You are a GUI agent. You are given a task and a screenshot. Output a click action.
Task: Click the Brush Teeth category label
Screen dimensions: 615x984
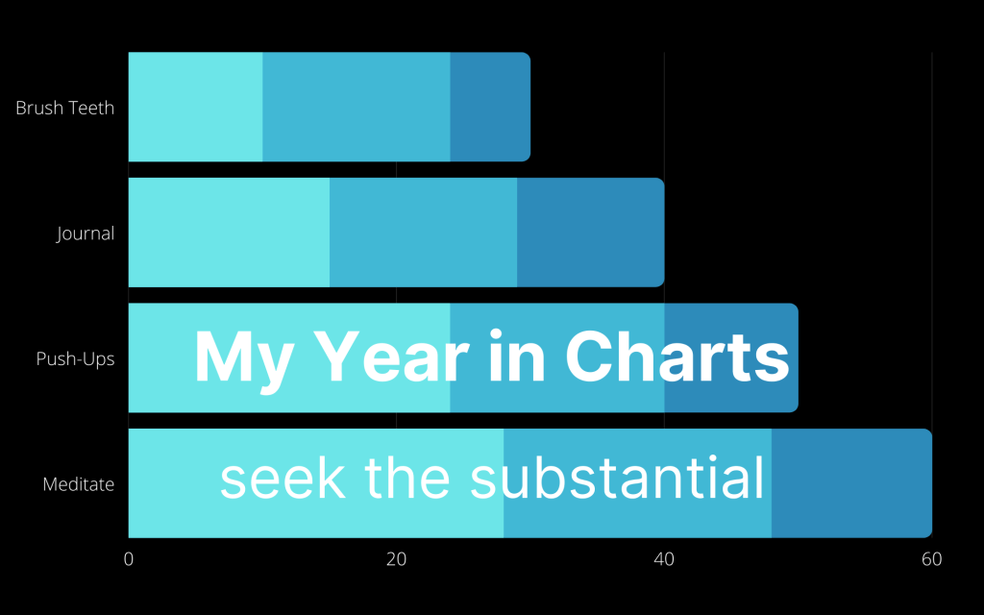pos(64,108)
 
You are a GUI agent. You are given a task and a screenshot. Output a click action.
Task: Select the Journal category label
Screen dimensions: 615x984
pos(86,234)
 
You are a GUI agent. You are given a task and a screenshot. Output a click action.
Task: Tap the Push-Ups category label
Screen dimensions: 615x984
pos(75,359)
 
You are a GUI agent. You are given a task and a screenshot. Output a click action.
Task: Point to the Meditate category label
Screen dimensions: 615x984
pos(78,484)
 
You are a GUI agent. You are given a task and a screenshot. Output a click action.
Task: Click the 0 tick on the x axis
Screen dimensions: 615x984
pos(129,559)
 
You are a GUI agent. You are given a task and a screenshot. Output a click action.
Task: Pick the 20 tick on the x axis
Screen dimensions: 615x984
pos(396,559)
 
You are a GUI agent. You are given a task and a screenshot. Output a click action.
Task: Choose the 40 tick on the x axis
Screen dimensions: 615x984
pos(663,559)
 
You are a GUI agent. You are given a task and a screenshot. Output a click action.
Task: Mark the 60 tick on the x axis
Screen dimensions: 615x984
pos(930,559)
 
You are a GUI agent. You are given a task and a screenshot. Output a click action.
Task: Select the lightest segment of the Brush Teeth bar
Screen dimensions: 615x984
pos(195,107)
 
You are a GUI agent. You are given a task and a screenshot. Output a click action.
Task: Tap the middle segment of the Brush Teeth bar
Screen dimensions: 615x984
pos(356,107)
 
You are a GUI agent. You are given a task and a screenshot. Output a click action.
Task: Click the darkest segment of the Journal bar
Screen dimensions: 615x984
pos(590,233)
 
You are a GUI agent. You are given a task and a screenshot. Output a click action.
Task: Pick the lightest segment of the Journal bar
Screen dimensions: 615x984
pos(229,233)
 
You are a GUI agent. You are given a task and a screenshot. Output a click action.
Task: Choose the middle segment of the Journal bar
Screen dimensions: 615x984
pos(423,233)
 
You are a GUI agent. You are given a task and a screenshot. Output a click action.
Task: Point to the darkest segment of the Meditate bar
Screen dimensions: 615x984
pos(851,483)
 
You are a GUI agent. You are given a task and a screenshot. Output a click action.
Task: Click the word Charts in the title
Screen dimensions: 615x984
pos(676,357)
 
